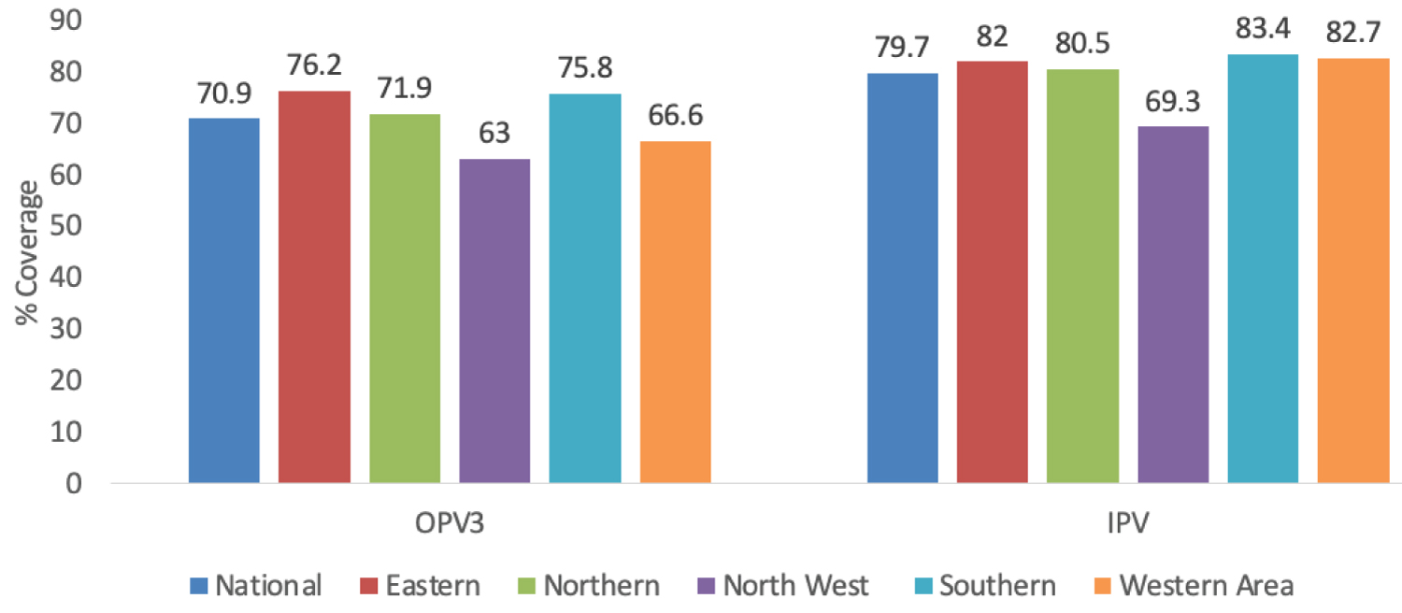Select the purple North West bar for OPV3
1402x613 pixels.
tap(494, 321)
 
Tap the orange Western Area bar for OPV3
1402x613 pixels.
tap(675, 312)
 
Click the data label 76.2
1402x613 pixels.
tap(314, 68)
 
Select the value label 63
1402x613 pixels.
tap(494, 134)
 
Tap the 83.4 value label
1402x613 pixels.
tap(1263, 31)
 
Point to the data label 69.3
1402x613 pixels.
tap(1173, 102)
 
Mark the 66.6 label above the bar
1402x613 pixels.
tap(675, 117)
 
